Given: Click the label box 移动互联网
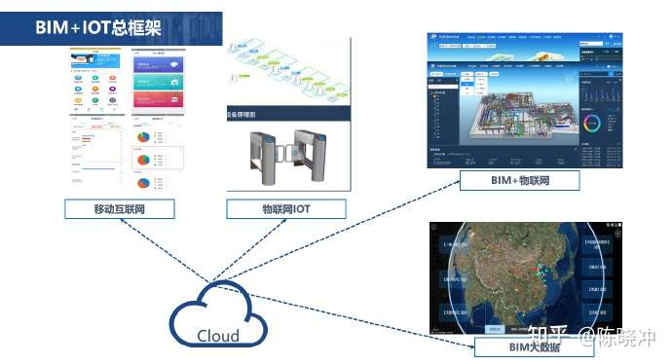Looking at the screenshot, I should [x=120, y=208].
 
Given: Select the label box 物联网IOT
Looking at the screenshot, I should [x=285, y=208].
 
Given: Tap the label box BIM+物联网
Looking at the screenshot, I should [x=519, y=181].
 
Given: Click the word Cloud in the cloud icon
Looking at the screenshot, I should [x=218, y=336].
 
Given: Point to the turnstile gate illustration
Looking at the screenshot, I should [x=287, y=156].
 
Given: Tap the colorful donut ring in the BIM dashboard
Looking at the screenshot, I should [x=592, y=123].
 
